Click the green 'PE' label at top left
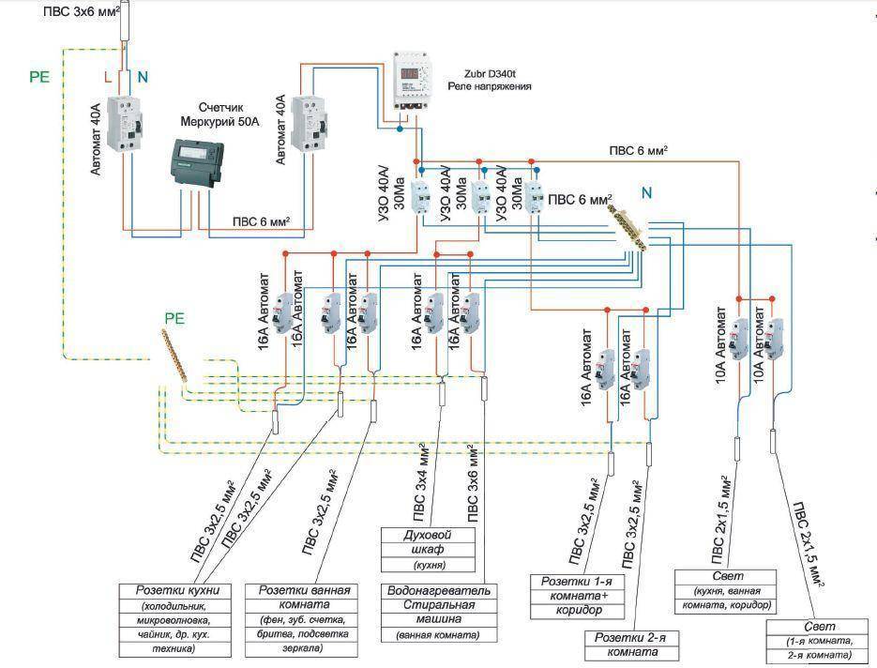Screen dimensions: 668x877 click(38, 77)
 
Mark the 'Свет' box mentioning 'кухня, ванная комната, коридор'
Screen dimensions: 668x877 click(726, 589)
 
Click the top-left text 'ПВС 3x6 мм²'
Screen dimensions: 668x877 click(87, 11)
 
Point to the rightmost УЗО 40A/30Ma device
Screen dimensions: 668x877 click(534, 200)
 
